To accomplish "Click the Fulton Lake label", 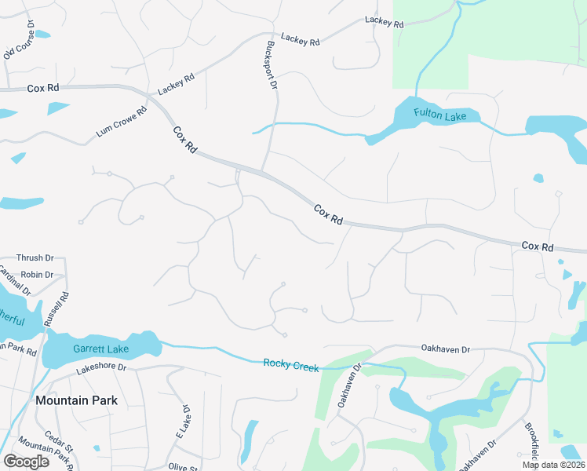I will tap(440, 116).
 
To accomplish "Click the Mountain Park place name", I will tap(76, 400).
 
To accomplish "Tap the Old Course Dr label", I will tap(20, 40).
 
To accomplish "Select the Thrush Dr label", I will tap(35, 257).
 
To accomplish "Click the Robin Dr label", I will tap(37, 275).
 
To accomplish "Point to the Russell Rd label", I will tap(57, 309).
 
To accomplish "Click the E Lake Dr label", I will tap(182, 422).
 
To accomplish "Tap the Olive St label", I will tap(182, 467).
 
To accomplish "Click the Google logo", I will tap(26, 462).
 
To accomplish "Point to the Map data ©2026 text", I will tap(553, 465).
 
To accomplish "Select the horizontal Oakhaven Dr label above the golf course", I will tap(445, 349).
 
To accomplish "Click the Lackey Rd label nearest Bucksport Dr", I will tap(301, 38).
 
